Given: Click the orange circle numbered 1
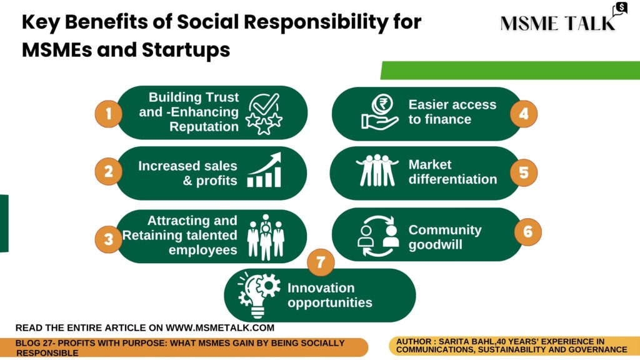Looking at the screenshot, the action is point(108,114).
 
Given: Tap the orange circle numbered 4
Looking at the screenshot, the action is point(524,114).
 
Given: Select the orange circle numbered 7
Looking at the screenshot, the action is point(321,262).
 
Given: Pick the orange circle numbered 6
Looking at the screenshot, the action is point(527,232).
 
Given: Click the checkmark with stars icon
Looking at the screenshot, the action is point(264,114).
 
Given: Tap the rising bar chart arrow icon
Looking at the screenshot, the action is point(264,170).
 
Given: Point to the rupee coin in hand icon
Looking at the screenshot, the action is point(380,112).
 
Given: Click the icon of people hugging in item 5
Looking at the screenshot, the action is point(377,170).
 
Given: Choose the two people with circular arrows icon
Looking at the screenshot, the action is point(378,236).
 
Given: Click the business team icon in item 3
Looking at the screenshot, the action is point(266,237).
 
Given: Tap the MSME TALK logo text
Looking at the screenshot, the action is point(557,23).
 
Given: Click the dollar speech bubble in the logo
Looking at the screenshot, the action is point(620,9).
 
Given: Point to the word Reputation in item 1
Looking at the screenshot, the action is point(204,126).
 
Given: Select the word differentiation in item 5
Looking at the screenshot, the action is point(452,179).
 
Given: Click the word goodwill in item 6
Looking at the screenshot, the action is point(436,245).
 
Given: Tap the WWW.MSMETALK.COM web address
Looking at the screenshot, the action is point(220,327).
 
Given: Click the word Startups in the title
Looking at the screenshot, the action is point(186,50).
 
